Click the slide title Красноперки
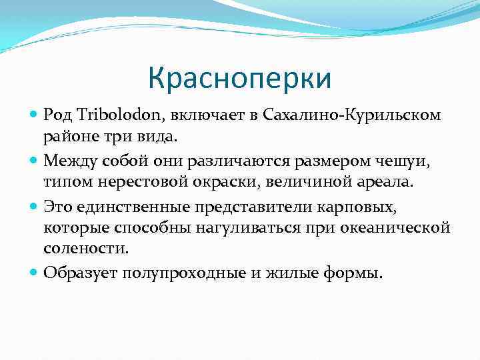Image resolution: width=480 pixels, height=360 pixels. tap(239, 79)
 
